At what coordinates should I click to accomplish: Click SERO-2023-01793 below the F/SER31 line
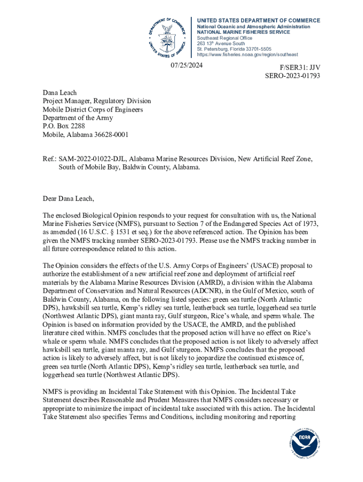pyautogui.click(x=293, y=75)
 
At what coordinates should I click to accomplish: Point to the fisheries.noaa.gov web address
pyautogui.click(x=247, y=55)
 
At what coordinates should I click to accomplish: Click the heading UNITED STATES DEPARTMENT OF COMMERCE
pyautogui.click(x=258, y=21)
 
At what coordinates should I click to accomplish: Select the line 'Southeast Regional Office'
pyautogui.click(x=224, y=38)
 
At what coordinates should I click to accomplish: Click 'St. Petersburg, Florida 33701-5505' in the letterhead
pyautogui.click(x=234, y=49)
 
